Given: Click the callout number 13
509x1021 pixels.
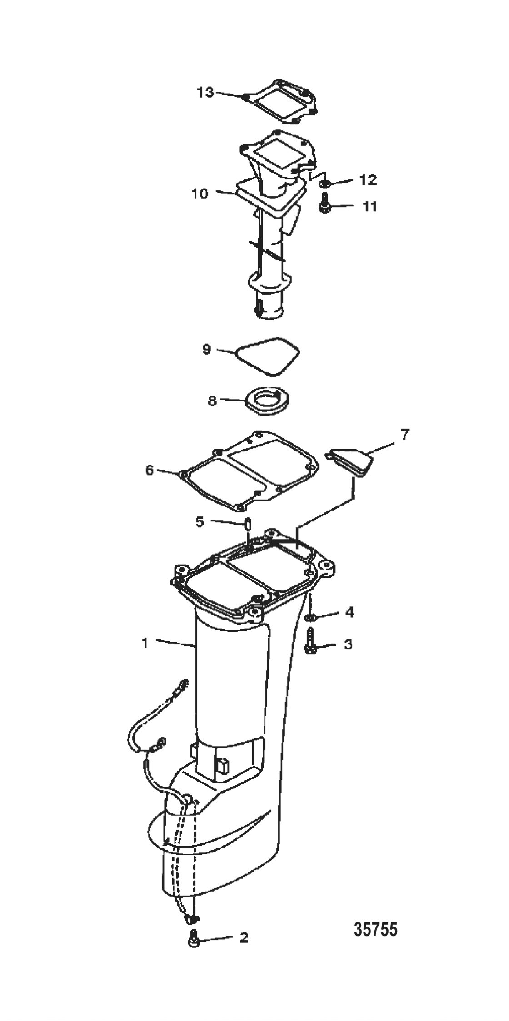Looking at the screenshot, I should point(205,93).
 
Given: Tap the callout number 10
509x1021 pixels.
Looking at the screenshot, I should point(200,194).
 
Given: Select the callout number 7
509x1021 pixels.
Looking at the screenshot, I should point(404,435).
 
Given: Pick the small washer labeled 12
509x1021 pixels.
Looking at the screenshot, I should point(325,183).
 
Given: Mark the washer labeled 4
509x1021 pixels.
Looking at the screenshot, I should point(310,617).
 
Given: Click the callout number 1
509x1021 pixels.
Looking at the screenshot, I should point(145,643).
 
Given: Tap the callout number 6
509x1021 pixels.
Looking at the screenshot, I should point(150,470).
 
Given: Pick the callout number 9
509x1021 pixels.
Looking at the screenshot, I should point(206,350).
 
